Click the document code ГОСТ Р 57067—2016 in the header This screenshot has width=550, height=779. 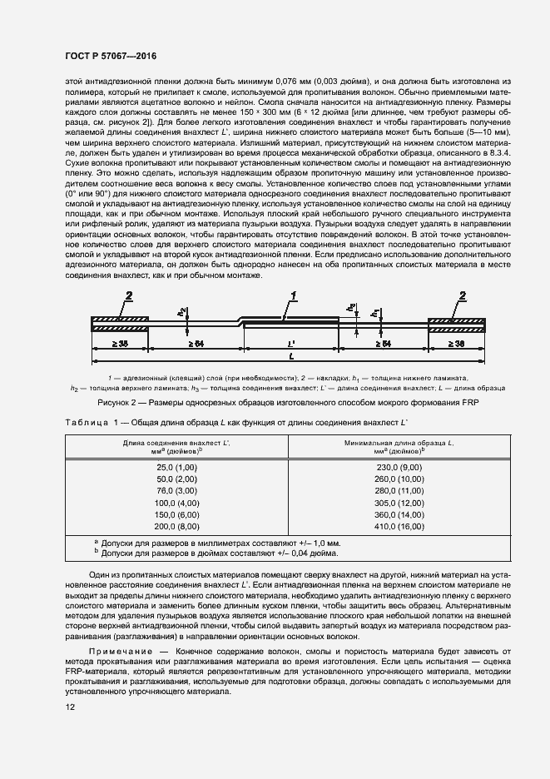pos(110,56)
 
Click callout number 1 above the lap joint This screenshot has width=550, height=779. pos(293,295)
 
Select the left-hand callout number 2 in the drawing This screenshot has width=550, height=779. pos(129,295)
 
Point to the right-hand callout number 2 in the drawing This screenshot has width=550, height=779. pos(463,295)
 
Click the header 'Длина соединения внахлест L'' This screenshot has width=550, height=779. pos(176,445)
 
